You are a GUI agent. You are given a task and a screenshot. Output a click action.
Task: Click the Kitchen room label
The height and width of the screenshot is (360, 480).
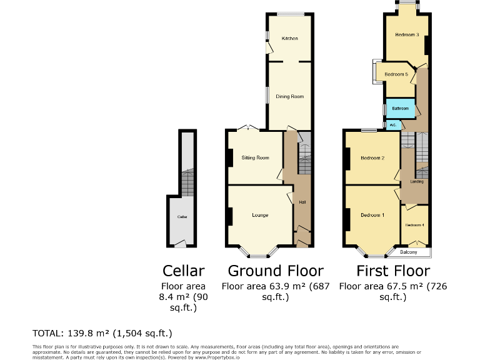tap(289, 39)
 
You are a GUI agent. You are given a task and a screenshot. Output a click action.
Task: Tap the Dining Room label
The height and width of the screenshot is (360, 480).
tap(289, 96)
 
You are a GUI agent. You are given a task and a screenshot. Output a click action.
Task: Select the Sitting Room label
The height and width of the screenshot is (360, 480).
tap(255, 157)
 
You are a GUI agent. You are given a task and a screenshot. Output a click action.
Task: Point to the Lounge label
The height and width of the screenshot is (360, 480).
tap(260, 215)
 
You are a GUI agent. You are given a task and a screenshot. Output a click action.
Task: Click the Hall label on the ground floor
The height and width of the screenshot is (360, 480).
tap(302, 202)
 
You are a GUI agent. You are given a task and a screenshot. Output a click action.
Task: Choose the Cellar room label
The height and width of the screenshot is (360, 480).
tap(182, 217)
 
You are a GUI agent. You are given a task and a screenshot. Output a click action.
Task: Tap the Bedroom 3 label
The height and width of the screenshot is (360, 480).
tap(406, 35)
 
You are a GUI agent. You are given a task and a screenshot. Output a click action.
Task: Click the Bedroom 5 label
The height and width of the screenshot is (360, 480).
tap(396, 74)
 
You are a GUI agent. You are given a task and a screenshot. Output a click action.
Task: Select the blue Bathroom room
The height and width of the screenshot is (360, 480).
tap(400, 109)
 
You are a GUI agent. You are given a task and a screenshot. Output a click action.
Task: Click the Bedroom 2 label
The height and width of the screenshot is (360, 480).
tap(372, 157)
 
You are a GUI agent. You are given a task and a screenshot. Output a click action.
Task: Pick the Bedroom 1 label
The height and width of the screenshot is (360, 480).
tap(372, 215)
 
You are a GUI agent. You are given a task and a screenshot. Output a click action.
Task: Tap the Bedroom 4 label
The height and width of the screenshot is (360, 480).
tap(414, 225)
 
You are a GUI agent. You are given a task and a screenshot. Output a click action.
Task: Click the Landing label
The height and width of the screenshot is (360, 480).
tap(417, 182)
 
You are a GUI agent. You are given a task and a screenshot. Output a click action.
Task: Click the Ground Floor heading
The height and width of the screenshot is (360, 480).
tap(276, 271)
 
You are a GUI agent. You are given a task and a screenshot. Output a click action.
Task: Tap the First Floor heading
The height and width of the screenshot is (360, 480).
tap(393, 271)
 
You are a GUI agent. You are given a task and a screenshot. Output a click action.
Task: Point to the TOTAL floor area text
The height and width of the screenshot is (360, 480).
tap(102, 332)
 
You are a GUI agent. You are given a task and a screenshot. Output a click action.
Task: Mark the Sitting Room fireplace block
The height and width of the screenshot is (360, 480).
tap(230, 157)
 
